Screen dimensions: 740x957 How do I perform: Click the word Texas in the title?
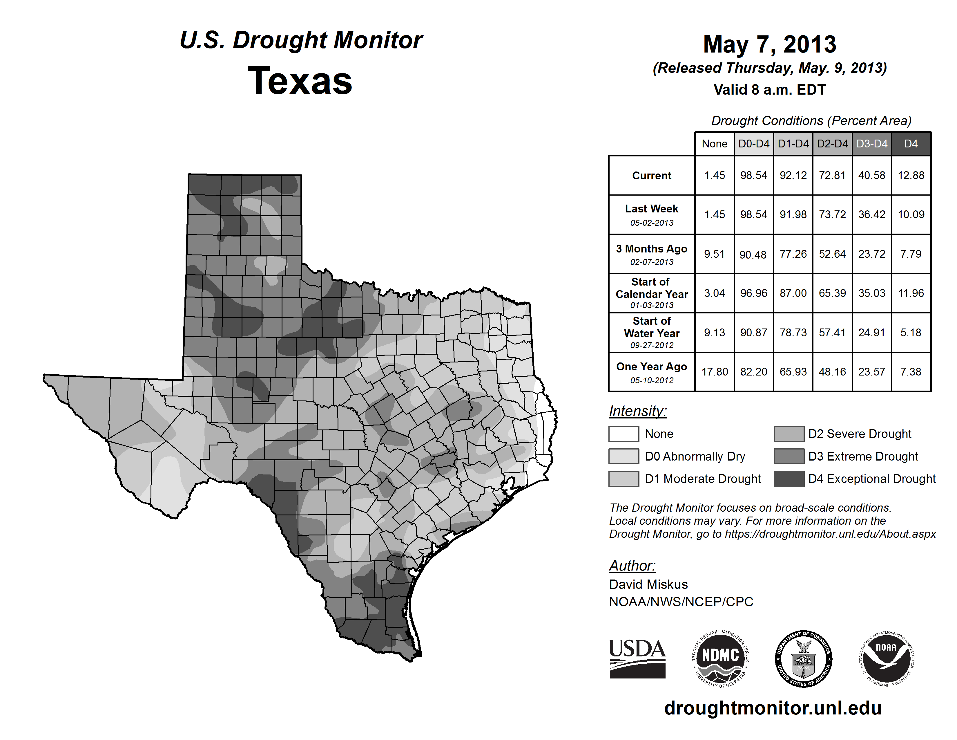(x=300, y=81)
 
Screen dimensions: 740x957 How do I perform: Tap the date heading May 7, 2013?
(x=769, y=44)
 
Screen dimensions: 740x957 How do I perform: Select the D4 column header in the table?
(x=911, y=144)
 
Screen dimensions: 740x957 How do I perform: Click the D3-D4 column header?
(x=871, y=144)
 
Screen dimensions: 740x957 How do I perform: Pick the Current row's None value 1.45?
(x=714, y=175)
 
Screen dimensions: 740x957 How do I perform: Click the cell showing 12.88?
(x=911, y=175)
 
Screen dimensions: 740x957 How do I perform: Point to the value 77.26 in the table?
(x=793, y=254)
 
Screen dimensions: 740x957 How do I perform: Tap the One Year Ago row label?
(x=652, y=372)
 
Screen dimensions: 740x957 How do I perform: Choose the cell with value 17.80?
(x=714, y=372)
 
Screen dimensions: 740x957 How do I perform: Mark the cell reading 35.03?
(x=871, y=293)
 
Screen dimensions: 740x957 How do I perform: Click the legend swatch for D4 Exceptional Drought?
(x=789, y=479)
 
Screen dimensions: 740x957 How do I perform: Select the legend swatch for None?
(x=623, y=434)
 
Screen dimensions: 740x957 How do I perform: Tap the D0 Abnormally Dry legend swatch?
(x=623, y=456)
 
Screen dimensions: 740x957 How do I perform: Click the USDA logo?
(x=637, y=658)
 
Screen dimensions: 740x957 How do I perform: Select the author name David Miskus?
(x=648, y=584)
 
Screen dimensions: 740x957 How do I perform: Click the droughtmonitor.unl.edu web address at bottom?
(x=773, y=708)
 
